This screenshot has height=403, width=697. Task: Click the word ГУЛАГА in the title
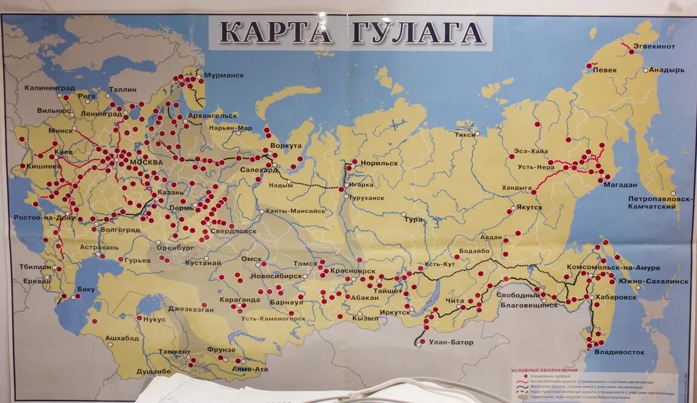[x=418, y=32]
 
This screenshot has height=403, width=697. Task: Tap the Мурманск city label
[x=224, y=75]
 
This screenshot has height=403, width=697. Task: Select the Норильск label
[x=379, y=164]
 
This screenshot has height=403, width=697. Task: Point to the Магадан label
[x=619, y=185]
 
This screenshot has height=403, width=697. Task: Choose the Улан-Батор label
[x=452, y=342]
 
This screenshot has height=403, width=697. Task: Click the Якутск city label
[x=529, y=207]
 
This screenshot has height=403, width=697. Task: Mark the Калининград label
[x=50, y=88]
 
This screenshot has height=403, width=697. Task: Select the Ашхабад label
[x=122, y=338]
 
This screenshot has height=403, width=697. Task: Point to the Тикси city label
[x=465, y=135]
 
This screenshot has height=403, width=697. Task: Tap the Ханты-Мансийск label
[x=295, y=211]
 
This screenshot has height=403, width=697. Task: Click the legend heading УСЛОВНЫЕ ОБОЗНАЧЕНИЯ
[x=544, y=370]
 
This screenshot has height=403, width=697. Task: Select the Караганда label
[x=241, y=299]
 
